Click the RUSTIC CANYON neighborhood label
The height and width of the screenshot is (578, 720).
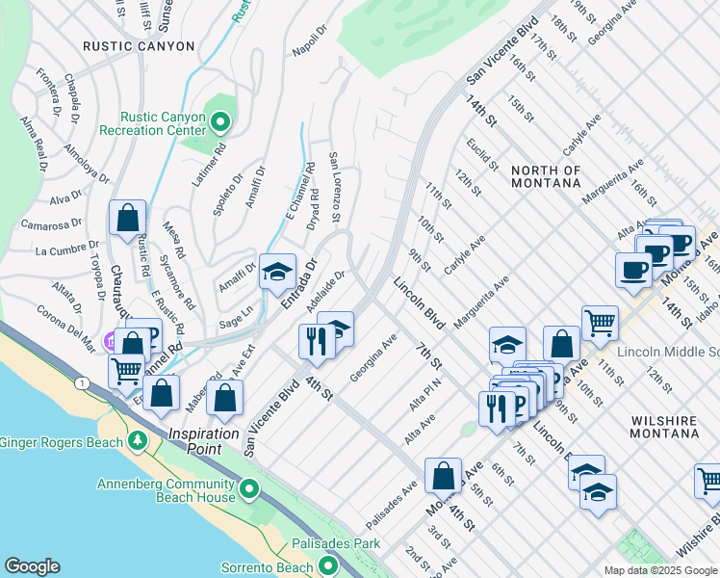139,46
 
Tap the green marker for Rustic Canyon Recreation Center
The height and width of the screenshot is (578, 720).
220,121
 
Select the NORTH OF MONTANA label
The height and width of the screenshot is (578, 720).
546,177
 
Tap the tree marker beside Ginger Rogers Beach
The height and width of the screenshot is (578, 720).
138,442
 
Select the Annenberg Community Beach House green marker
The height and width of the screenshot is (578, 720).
250,491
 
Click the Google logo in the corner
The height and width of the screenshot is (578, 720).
32,566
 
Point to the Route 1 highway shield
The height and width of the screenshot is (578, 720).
84,384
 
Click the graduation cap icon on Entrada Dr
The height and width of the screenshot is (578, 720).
277,273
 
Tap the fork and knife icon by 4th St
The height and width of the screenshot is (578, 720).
316,338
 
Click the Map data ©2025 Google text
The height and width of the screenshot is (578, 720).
659,570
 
